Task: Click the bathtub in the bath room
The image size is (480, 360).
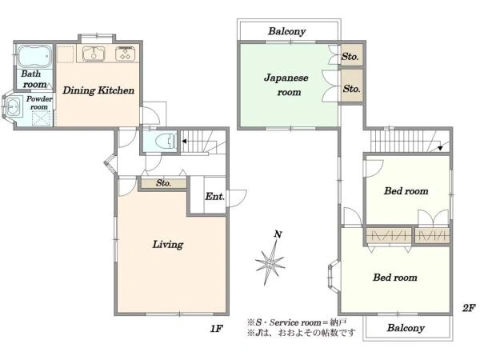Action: tap(34, 56)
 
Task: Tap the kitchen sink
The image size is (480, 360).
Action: tap(94, 54)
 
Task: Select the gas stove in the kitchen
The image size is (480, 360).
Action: tap(126, 54)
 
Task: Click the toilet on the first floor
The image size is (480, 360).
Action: tap(166, 142)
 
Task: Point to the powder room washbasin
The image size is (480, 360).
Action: tap(13, 106)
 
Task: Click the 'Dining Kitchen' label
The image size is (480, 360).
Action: tap(98, 90)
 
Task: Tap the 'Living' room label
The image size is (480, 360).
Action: tap(168, 244)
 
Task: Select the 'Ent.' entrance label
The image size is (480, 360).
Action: tap(214, 196)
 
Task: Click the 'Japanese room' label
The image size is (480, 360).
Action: tap(286, 85)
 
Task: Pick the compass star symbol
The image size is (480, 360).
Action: tap(270, 263)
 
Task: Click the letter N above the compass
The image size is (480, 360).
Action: tap(278, 234)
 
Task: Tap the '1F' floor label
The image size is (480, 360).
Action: tap(216, 329)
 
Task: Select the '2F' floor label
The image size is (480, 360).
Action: tap(469, 308)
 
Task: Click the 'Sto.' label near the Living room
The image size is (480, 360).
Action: tap(163, 182)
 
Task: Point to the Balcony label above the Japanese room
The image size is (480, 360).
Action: tap(287, 31)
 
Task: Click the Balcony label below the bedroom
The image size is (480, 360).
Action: tap(406, 328)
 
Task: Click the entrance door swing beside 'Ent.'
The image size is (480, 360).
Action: tap(236, 198)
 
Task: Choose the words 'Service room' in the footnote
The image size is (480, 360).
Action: tap(294, 322)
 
